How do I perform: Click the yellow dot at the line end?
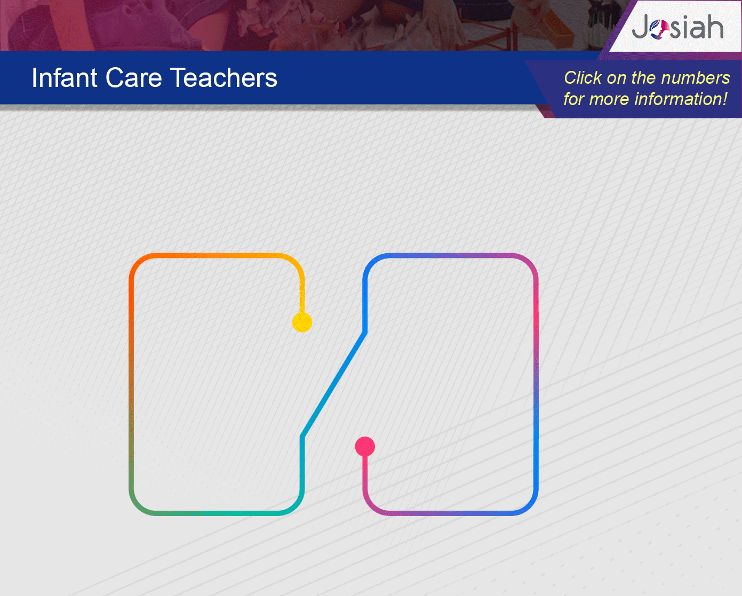coord(302,323)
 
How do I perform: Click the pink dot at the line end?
coord(365,447)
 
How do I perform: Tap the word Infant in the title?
coord(64,78)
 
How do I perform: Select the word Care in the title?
coord(133,78)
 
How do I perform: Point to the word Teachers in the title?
coord(224,78)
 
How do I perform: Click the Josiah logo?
coord(678,27)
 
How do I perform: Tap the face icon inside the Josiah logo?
coord(659,29)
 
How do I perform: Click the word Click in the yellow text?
coord(583,78)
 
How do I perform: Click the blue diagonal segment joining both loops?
coord(333,384)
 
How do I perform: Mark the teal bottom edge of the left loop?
coord(217,513)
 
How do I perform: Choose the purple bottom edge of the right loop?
coord(451,513)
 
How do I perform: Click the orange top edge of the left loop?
coord(217,255)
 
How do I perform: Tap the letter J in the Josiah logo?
coord(640,27)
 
